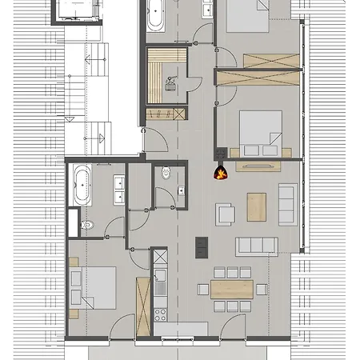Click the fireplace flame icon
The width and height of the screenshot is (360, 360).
coord(219,172)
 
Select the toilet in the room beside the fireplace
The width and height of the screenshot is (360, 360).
coord(165,173)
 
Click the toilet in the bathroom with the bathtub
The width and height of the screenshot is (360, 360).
coord(87,226)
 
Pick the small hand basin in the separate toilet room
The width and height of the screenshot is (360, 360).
coord(182,191)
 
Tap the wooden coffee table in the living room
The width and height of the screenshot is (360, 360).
coord(256,206)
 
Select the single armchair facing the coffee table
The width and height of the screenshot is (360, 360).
coord(225,214)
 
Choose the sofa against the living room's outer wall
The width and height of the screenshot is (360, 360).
coord(286,204)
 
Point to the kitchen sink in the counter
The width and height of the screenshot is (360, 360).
coord(160,280)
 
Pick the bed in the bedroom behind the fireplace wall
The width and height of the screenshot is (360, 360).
coord(260,130)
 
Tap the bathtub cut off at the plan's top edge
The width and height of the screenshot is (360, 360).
coord(155,15)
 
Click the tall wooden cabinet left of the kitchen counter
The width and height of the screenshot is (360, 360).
coord(143,305)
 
